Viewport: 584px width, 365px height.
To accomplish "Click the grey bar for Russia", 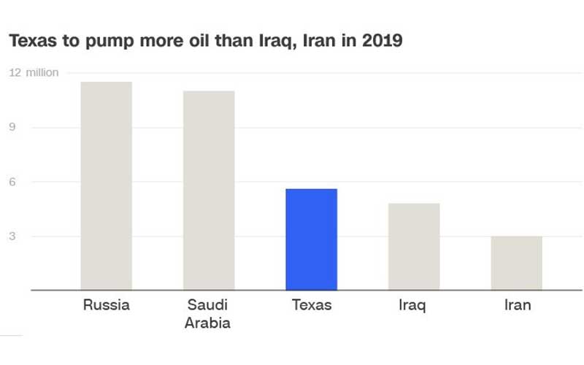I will tap(106, 185).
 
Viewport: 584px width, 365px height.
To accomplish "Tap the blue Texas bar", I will tap(311, 239).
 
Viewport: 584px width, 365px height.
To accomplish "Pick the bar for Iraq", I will tap(414, 246).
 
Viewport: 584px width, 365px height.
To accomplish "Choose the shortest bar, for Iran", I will tap(516, 263).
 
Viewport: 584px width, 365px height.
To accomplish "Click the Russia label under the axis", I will tap(106, 305).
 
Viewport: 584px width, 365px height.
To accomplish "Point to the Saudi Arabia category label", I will tap(209, 313).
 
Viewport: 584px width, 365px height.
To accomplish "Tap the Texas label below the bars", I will tap(311, 305).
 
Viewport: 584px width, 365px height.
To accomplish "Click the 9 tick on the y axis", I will tap(13, 128).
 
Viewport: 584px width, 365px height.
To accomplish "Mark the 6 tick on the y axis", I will tap(13, 182).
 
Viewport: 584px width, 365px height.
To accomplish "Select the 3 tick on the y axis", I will tap(13, 237).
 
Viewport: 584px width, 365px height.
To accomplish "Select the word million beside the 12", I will tap(42, 73).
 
